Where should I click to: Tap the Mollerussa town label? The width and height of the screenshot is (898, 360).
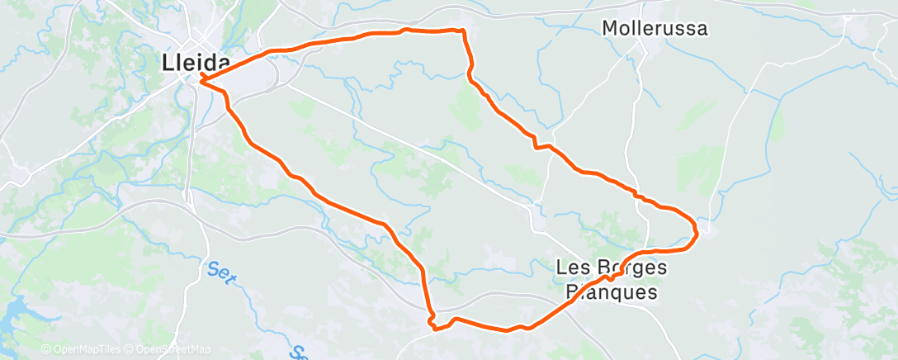[x=655, y=28]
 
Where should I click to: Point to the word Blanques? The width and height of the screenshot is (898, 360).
[x=611, y=292]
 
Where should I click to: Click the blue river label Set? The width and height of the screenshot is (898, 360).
[x=219, y=272]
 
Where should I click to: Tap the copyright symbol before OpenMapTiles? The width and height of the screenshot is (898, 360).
[x=46, y=350]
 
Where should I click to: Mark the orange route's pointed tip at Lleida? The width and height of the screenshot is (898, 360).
[x=201, y=79]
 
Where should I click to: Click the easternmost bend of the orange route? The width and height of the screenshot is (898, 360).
[x=697, y=230]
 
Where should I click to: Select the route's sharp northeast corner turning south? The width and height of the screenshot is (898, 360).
[x=463, y=31]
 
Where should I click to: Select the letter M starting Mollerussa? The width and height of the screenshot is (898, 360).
[x=610, y=28]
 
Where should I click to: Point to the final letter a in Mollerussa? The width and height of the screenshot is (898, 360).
[x=702, y=28]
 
